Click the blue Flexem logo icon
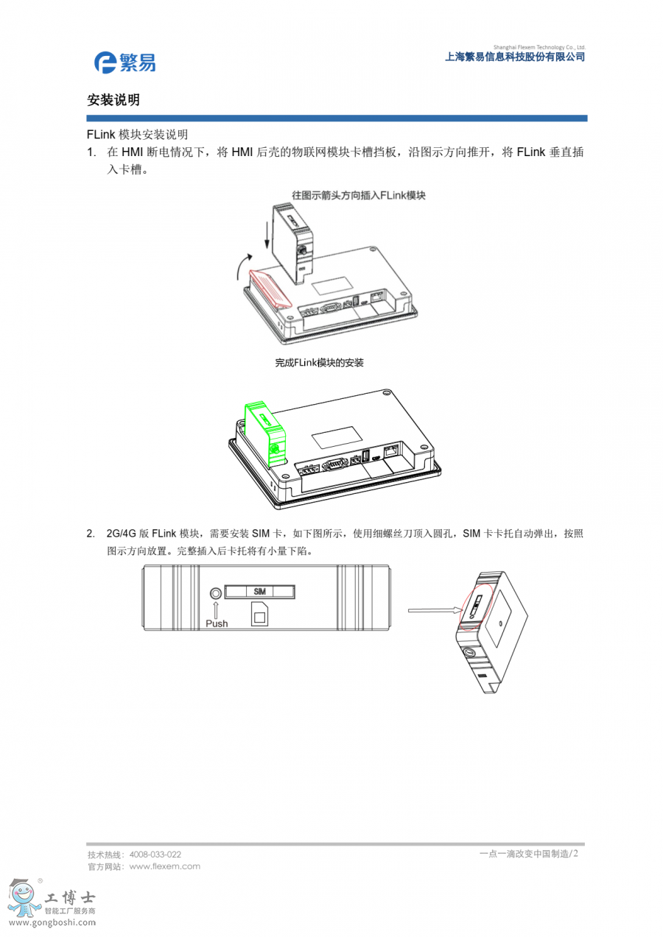(105, 63)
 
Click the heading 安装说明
(113, 100)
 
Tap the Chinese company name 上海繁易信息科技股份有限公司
(514, 57)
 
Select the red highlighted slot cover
(270, 289)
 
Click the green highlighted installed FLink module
(265, 434)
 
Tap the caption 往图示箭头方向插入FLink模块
(358, 195)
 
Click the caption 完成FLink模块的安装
(319, 363)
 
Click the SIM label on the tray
(259, 592)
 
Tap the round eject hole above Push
(216, 593)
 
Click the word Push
(217, 623)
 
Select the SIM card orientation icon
(259, 614)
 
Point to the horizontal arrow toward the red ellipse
(434, 610)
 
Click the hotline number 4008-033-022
(155, 855)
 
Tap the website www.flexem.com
(164, 866)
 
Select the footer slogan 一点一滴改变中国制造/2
(528, 854)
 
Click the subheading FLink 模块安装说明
(137, 135)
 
